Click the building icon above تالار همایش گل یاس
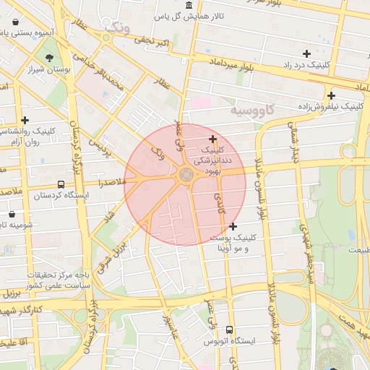(x=189, y=5)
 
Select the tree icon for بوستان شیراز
(x=49, y=58)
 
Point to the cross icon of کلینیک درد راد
(x=307, y=53)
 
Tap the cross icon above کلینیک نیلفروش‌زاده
(x=331, y=95)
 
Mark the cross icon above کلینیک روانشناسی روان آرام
(x=25, y=120)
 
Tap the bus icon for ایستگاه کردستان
(x=61, y=184)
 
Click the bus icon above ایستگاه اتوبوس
(x=229, y=330)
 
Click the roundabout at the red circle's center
(x=186, y=174)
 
